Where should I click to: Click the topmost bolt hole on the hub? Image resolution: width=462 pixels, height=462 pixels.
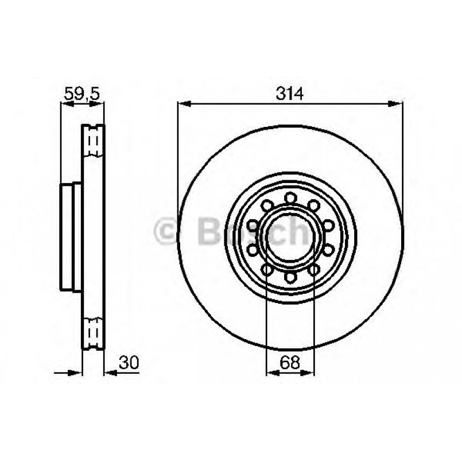click(x=290, y=198)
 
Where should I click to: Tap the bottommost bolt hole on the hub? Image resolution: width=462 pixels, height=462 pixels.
click(x=290, y=278)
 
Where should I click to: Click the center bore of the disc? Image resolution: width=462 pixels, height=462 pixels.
click(x=290, y=238)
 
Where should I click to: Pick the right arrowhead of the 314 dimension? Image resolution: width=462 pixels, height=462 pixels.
click(x=397, y=104)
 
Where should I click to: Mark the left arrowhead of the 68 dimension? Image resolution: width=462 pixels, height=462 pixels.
click(x=271, y=372)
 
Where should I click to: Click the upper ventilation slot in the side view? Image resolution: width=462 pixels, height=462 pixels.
click(x=94, y=141)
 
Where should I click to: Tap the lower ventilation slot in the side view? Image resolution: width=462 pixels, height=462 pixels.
click(x=94, y=333)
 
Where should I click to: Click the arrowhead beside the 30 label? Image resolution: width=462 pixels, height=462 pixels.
click(x=109, y=372)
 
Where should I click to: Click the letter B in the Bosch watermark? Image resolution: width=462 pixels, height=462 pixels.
click(x=208, y=232)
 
